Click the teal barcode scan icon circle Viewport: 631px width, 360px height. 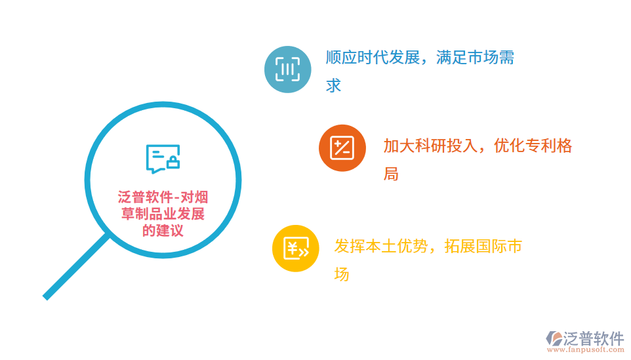tap(287, 69)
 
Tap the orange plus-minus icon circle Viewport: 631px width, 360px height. tap(342, 148)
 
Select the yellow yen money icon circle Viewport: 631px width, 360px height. tap(295, 249)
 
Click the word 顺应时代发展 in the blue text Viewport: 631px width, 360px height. tap(372, 58)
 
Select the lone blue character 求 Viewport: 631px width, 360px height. tap(334, 86)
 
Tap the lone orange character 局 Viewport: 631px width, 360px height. tap(391, 174)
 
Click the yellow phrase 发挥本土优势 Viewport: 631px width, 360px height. tap(380, 247)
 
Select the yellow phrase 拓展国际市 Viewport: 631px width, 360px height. tap(483, 247)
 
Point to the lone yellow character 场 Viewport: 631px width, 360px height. tap(342, 275)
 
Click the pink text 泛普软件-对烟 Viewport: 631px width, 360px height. tap(163, 197)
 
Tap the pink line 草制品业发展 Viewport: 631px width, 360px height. tap(163, 214)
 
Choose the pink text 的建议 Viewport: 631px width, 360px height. tap(163, 231)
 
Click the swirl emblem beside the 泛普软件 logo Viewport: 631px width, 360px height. tap(554, 338)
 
